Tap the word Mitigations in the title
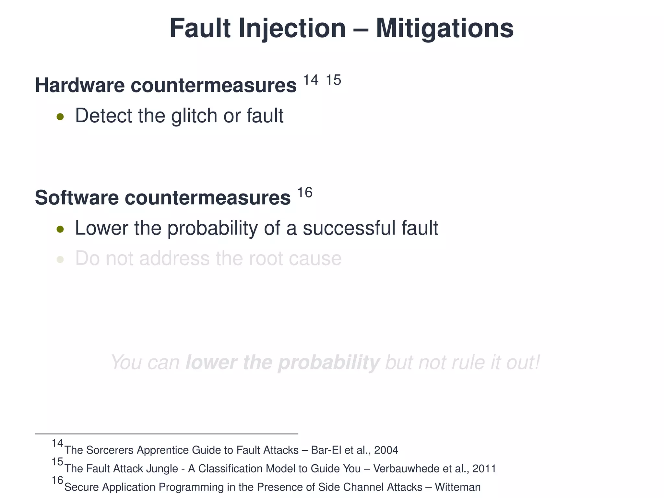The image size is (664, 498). click(445, 29)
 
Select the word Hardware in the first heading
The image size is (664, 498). click(80, 85)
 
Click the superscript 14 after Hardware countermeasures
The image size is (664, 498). click(311, 80)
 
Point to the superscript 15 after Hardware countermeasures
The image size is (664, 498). click(333, 80)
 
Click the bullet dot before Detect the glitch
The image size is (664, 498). click(60, 117)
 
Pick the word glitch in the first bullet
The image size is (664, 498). click(194, 116)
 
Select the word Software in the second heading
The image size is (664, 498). click(77, 198)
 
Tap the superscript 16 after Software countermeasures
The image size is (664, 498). click(305, 193)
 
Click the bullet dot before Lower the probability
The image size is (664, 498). click(60, 230)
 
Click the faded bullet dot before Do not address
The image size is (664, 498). click(60, 260)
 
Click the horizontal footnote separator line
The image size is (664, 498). click(166, 434)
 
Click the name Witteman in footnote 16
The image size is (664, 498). click(457, 487)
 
